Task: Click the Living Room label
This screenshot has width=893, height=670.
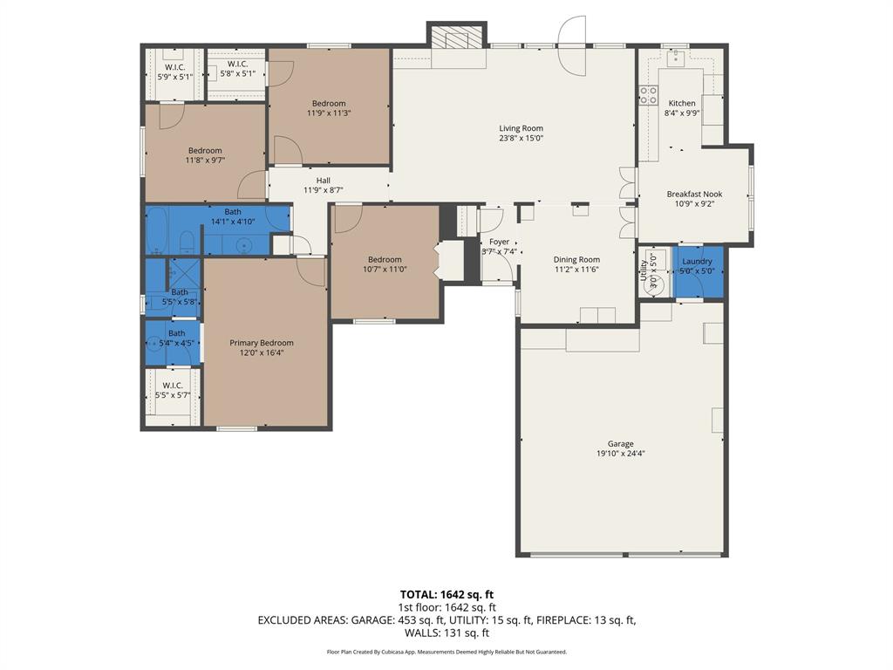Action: pyautogui.click(x=521, y=128)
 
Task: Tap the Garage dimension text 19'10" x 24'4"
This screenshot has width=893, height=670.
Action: pyautogui.click(x=621, y=454)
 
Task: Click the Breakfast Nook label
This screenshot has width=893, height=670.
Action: pyautogui.click(x=694, y=195)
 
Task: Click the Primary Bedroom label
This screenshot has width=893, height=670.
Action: pyautogui.click(x=262, y=343)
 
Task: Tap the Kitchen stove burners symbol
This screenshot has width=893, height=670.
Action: pyautogui.click(x=648, y=95)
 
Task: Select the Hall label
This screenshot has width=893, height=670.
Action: pyautogui.click(x=323, y=181)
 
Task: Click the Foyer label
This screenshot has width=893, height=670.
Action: pyautogui.click(x=499, y=242)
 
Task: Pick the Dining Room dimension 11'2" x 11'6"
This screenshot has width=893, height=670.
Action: pyautogui.click(x=577, y=270)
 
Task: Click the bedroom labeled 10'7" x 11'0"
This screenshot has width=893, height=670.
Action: pyautogui.click(x=385, y=264)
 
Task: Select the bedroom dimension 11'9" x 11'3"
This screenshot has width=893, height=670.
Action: pyautogui.click(x=329, y=113)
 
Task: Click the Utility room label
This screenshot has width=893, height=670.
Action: pyautogui.click(x=644, y=270)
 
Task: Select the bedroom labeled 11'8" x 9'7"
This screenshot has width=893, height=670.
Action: pyautogui.click(x=205, y=155)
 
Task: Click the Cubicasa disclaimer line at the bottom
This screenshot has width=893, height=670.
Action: pyautogui.click(x=446, y=652)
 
